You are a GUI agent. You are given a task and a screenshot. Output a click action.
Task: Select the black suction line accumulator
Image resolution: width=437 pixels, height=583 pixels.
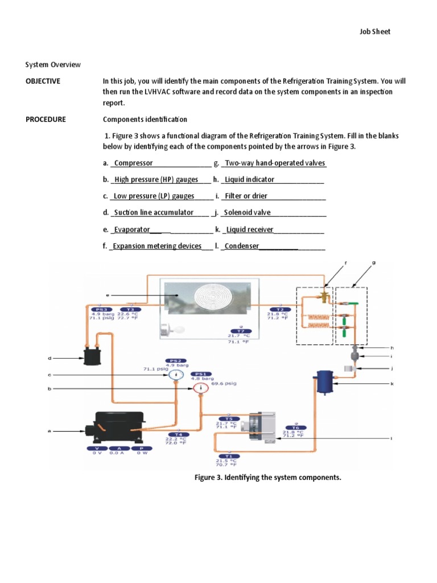[91, 358]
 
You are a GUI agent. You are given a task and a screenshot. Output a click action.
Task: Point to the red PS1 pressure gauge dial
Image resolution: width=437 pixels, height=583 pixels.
[200, 389]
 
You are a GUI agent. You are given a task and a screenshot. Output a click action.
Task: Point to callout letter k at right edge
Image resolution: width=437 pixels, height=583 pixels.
[392, 384]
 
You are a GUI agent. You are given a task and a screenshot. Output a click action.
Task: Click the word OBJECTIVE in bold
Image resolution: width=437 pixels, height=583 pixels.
[43, 81]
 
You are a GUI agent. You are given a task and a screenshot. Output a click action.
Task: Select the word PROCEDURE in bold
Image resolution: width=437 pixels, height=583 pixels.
[46, 120]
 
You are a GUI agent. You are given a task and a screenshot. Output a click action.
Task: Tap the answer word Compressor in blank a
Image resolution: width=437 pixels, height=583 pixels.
[134, 163]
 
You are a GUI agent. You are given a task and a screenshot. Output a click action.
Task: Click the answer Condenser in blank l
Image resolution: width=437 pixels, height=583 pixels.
[242, 246]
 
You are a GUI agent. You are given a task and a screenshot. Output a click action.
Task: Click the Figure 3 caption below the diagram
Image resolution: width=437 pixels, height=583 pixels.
[267, 477]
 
